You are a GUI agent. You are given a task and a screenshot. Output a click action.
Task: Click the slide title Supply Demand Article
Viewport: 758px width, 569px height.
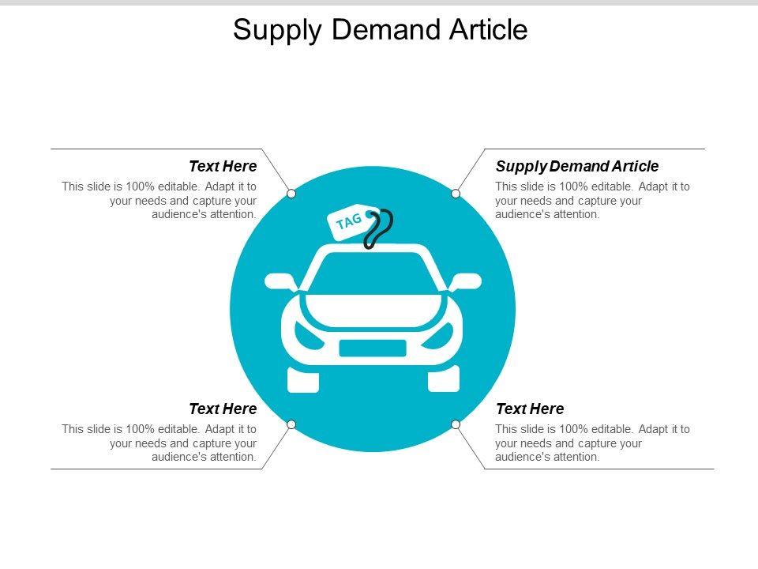point(380,30)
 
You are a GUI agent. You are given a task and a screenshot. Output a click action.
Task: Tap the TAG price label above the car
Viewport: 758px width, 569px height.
point(348,220)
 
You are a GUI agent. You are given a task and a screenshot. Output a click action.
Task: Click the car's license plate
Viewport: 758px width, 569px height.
point(373,348)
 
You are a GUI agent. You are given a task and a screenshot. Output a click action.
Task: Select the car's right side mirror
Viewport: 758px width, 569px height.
point(466,281)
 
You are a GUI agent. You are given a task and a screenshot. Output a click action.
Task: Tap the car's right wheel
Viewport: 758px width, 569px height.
point(443,379)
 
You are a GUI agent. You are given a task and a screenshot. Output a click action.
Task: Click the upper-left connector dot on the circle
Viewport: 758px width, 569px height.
point(291,194)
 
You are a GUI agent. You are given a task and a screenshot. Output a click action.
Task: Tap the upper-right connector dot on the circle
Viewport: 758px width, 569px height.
point(456,194)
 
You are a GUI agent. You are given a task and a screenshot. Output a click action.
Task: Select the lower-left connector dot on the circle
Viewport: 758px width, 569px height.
point(291,424)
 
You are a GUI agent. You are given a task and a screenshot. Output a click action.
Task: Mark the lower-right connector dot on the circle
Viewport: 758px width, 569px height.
point(456,424)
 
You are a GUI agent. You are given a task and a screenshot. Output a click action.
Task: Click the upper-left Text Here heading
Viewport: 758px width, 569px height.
point(223,166)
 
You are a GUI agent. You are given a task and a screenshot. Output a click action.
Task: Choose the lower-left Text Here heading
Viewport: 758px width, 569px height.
point(223,409)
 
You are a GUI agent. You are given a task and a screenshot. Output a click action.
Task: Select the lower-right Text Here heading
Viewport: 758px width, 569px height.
point(530,409)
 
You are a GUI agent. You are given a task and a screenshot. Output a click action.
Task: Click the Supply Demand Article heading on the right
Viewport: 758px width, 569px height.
point(577,166)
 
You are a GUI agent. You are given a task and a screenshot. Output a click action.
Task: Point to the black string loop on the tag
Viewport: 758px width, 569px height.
point(378,228)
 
